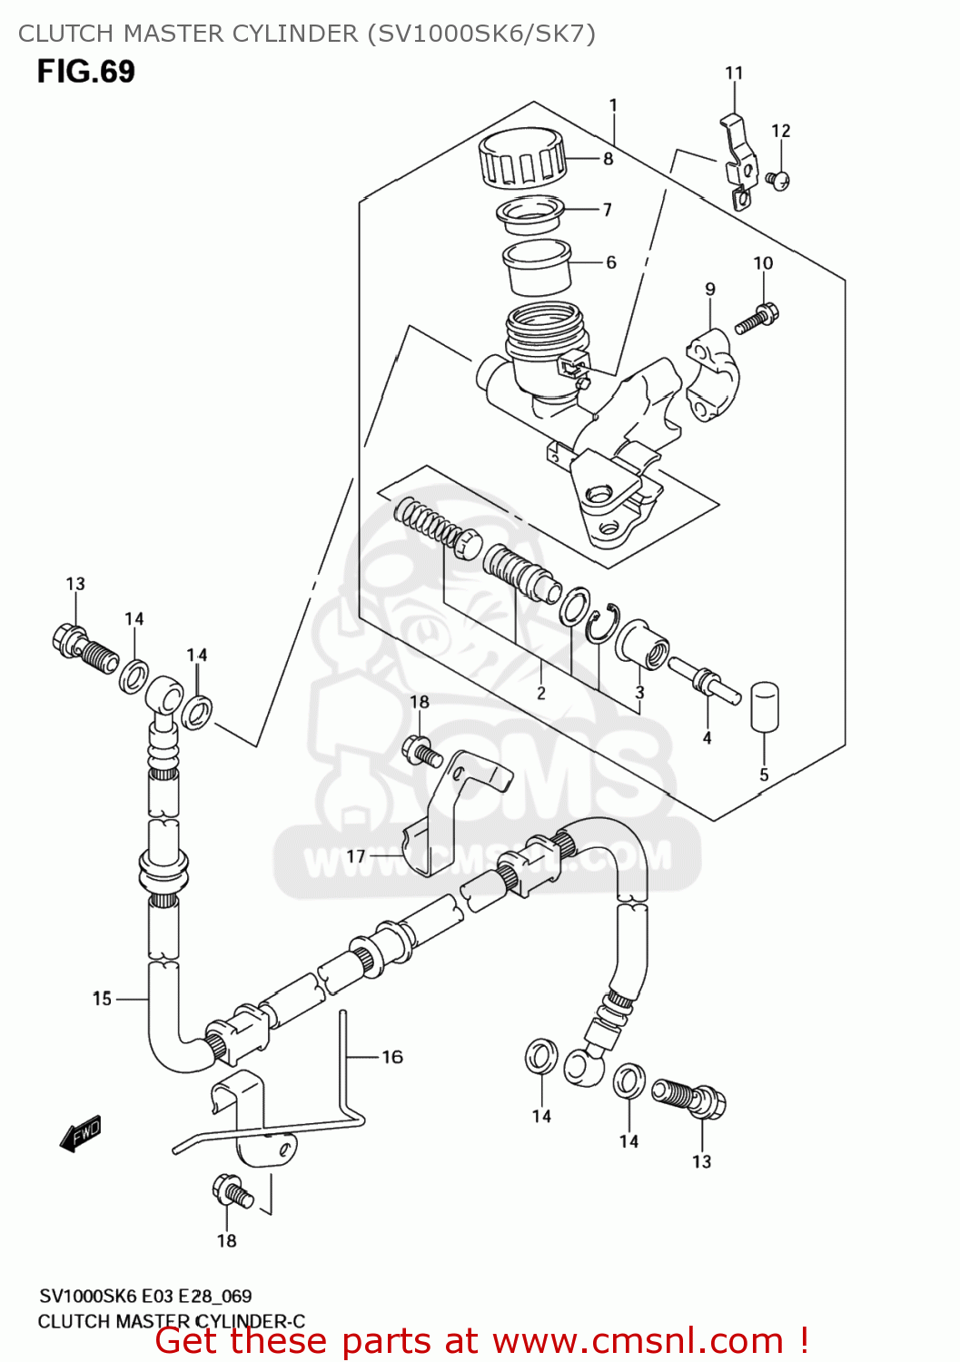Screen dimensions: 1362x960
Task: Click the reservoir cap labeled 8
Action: point(522,156)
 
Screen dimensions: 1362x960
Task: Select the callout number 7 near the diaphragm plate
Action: point(607,210)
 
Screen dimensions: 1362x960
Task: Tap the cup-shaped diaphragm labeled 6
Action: point(536,266)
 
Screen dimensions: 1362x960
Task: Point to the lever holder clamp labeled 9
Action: point(713,375)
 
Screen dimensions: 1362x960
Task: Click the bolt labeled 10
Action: point(756,320)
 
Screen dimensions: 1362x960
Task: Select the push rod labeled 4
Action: point(707,680)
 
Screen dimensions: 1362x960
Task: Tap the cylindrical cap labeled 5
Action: point(764,706)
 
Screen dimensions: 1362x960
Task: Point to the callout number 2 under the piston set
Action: point(541,693)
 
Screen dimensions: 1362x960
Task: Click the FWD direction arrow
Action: point(81,1133)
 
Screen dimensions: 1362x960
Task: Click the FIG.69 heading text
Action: point(86,72)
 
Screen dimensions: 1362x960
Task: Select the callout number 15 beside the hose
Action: point(102,999)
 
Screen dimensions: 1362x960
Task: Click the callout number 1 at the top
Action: point(613,105)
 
